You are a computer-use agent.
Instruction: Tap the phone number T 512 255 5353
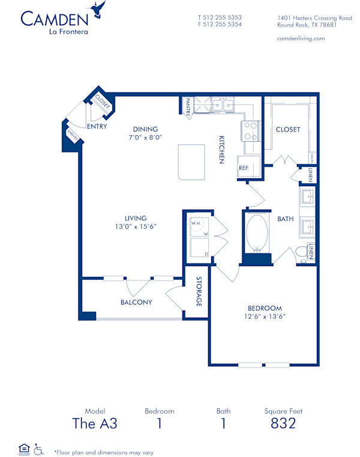click(219, 17)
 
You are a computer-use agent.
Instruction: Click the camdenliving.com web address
click(301, 38)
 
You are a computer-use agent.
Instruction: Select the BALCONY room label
click(136, 302)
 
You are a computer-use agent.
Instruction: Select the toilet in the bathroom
click(302, 253)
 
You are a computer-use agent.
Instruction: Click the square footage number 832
click(283, 424)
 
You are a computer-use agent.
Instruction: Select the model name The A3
click(94, 424)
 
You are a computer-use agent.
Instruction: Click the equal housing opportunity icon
click(24, 448)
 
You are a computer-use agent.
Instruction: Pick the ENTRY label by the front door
click(97, 127)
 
